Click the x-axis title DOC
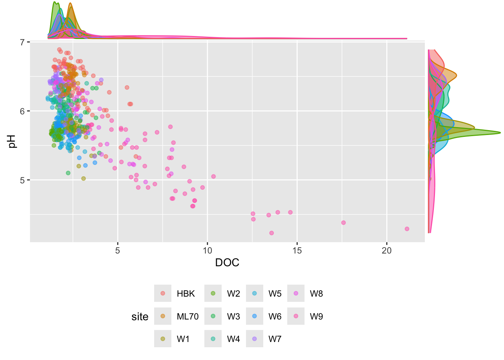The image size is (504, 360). point(227,262)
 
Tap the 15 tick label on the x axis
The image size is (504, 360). point(297,250)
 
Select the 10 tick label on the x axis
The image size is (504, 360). point(207,250)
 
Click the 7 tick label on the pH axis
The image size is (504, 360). point(22,42)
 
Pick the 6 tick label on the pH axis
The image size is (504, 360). point(22,111)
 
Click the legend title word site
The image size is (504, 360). point(140,317)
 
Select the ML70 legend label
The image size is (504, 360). point(187,316)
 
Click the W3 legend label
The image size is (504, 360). point(233,316)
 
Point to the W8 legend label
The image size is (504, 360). point(316,294)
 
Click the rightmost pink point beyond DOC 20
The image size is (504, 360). point(407,229)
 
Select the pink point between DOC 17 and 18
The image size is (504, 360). point(343,223)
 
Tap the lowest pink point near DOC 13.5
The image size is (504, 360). point(271,233)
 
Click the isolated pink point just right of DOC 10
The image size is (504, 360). point(213,176)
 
